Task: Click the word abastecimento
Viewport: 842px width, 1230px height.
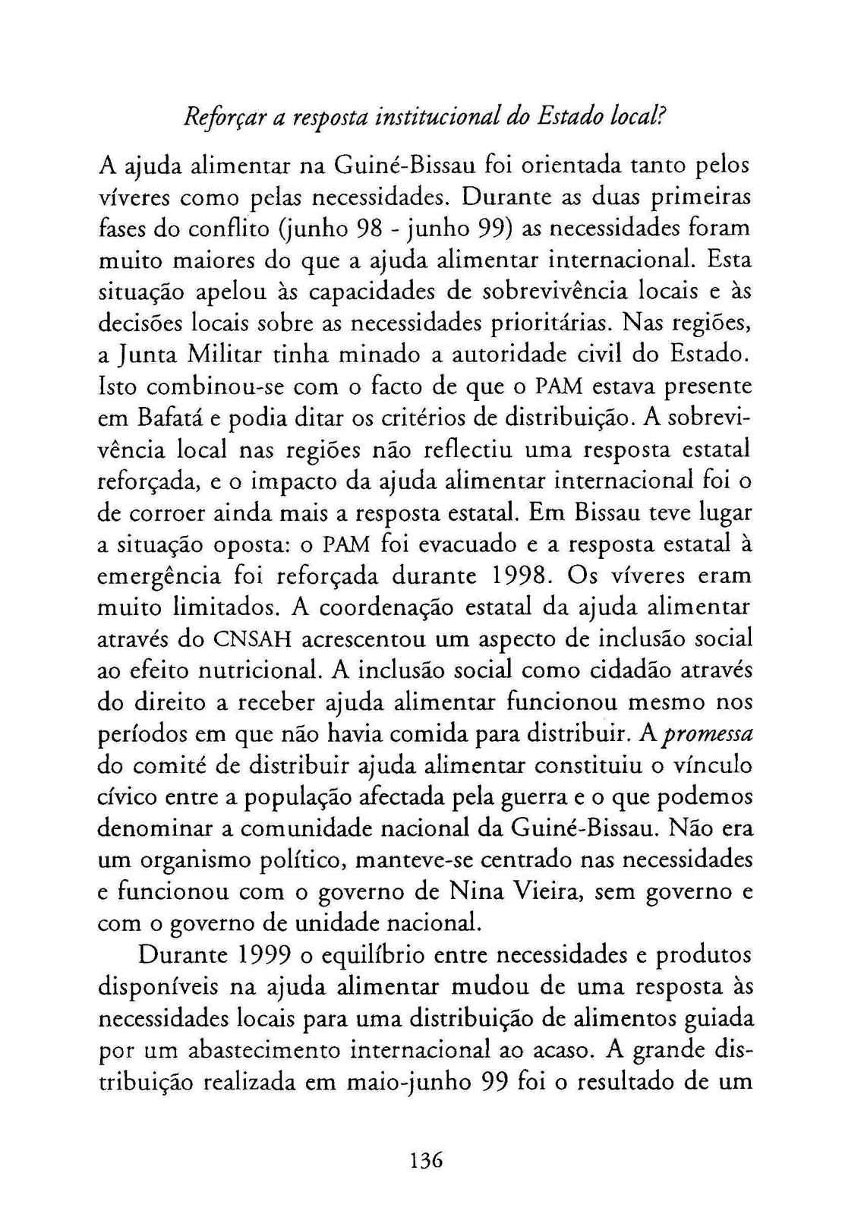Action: [262, 1050]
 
